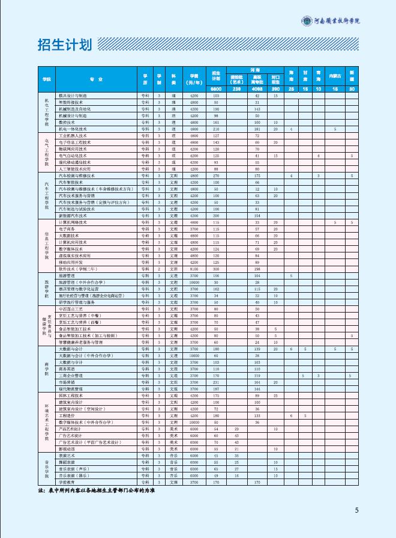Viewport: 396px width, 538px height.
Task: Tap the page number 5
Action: [356, 511]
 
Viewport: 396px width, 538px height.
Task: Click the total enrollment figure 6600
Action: [216, 89]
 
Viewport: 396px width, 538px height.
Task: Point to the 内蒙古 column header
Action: [335, 76]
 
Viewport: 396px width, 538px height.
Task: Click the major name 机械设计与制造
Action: [73, 115]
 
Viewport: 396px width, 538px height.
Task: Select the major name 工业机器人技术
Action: [74, 136]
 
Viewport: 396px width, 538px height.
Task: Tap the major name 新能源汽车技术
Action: [73, 216]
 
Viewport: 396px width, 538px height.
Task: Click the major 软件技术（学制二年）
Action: [76, 269]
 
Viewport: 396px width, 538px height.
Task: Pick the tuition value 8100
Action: [194, 269]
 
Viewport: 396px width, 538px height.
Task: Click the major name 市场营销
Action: [67, 382]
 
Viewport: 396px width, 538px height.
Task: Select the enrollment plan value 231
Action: [216, 382]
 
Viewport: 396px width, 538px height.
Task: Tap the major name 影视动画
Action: [67, 449]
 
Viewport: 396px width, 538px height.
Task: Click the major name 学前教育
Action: [67, 482]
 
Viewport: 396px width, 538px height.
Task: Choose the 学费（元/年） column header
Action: [194, 79]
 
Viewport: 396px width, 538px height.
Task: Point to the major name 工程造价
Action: [67, 415]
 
